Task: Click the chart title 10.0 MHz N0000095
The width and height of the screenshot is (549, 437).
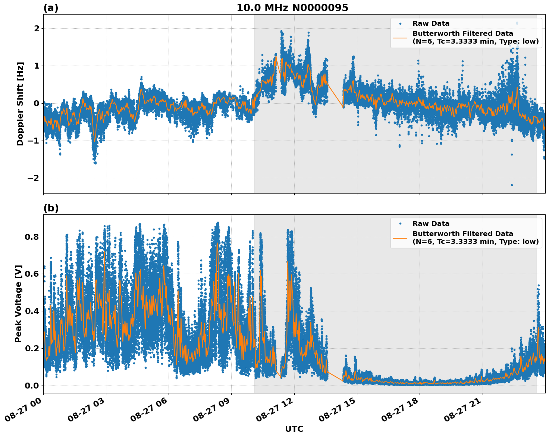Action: [292, 8]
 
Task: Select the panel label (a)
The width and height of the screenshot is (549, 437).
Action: [51, 8]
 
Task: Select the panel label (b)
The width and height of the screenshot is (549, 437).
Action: [51, 208]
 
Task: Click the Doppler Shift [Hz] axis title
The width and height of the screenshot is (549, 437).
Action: [20, 104]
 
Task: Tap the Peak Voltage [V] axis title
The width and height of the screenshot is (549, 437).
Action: [19, 304]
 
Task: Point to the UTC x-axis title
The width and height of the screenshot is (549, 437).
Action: [294, 429]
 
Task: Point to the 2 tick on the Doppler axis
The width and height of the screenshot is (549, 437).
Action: [37, 28]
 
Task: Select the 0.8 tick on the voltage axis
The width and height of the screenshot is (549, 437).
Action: [32, 237]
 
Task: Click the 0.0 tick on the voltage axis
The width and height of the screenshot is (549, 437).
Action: [32, 386]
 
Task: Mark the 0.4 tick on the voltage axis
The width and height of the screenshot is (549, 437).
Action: [32, 311]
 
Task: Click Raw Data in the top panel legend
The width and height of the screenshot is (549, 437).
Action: [431, 23]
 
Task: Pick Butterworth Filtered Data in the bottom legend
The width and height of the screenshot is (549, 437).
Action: [462, 234]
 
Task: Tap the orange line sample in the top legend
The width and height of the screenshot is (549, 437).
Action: [400, 37]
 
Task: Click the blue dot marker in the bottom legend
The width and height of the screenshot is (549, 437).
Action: [400, 224]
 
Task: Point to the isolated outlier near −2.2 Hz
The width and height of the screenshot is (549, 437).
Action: [512, 185]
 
